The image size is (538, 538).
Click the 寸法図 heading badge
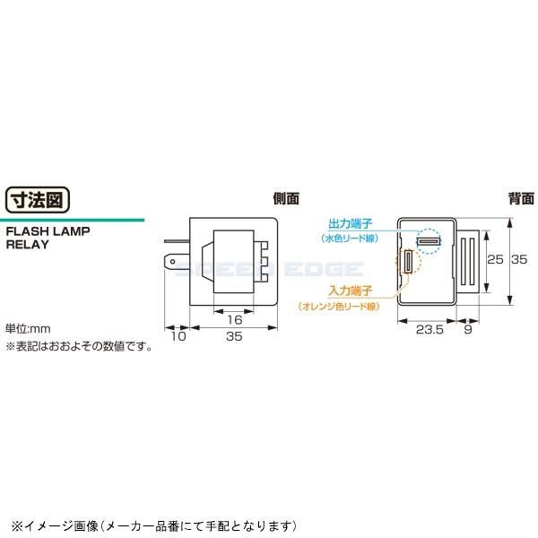(39, 198)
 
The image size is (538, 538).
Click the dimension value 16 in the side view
(234, 319)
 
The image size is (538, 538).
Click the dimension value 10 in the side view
(176, 338)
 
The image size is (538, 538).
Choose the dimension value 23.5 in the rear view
(430, 330)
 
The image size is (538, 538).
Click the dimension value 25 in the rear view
(494, 260)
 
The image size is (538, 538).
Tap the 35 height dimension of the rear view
(519, 260)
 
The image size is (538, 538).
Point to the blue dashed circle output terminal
(428, 242)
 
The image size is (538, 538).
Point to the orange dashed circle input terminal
(408, 262)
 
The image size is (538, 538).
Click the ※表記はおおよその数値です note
(80, 344)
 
